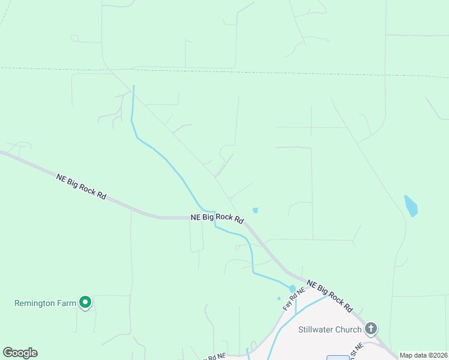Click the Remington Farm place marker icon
coord(85,302)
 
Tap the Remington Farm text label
coord(46,303)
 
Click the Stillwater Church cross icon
coord(371,328)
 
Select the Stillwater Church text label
coord(330,329)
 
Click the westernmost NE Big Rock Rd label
coord(81,187)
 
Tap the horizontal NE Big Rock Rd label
coord(217,218)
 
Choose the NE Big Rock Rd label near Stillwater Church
coord(329,295)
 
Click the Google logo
coord(20,353)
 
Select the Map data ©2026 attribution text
coord(423,355)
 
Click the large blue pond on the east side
coord(411,206)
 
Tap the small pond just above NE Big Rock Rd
coord(255,210)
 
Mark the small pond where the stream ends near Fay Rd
coord(292,289)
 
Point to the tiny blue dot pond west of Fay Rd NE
coord(279,298)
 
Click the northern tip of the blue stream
coord(133,86)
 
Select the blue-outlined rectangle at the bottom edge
coord(339,358)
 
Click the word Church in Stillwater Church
coord(348,329)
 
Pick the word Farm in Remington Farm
coord(67,303)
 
